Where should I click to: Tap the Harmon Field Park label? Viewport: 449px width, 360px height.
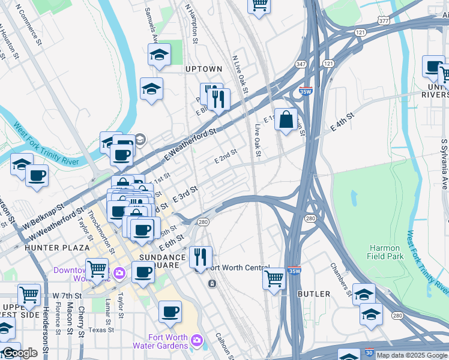click(385, 252)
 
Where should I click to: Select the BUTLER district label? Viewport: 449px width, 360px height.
click(314, 294)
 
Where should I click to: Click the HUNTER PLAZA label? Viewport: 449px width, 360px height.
click(57, 247)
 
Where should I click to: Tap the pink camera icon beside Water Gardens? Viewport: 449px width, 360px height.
click(196, 341)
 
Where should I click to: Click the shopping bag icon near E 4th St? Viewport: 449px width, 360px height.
click(287, 119)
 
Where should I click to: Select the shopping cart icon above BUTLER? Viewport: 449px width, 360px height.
click(274, 278)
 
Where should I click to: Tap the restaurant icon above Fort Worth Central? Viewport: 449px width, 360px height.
click(200, 256)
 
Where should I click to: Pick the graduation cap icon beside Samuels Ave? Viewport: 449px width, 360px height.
click(159, 55)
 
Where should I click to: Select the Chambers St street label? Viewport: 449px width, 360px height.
click(340, 279)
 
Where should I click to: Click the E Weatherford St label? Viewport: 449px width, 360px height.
click(190, 145)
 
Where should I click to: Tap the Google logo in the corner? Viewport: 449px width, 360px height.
click(20, 353)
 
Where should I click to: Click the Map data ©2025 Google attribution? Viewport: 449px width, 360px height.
click(412, 356)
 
